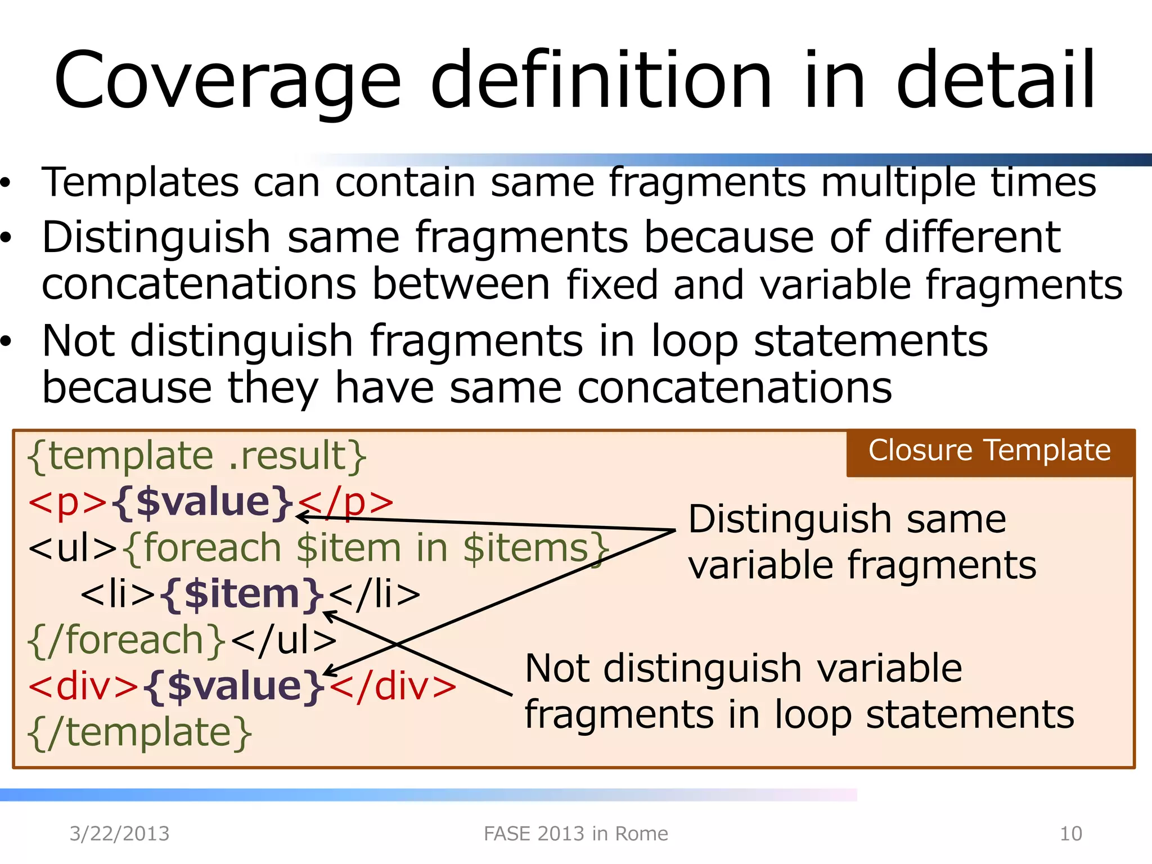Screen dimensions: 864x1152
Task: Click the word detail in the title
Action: point(996,82)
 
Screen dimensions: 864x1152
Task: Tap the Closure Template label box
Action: point(990,452)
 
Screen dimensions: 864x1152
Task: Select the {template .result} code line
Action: point(197,456)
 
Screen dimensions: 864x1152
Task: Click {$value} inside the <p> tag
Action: point(203,502)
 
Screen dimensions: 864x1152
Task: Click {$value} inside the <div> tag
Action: point(234,686)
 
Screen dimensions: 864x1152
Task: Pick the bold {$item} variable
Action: point(242,594)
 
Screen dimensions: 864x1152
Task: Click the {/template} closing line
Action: point(139,733)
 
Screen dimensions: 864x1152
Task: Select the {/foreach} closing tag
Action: point(127,641)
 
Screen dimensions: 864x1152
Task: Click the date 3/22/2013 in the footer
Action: point(119,834)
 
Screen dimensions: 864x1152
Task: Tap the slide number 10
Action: point(1070,834)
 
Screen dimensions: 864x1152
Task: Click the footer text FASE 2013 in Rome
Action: point(576,834)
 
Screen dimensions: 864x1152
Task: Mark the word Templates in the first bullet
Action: point(141,183)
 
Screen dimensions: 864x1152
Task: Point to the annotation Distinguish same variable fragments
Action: point(861,542)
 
